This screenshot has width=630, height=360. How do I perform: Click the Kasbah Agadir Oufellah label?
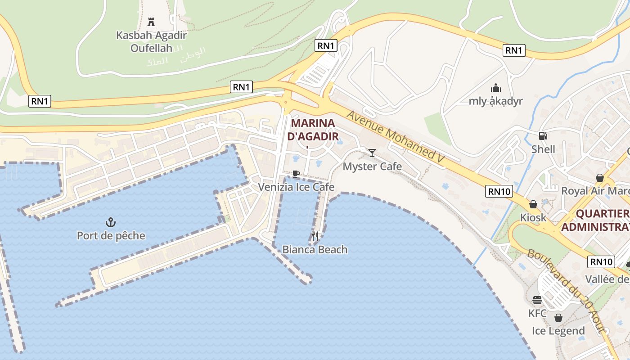click(x=151, y=41)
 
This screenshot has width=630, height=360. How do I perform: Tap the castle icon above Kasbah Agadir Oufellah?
click(x=151, y=22)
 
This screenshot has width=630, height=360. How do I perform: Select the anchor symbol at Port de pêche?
click(x=111, y=222)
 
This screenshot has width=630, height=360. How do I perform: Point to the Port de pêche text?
click(x=111, y=235)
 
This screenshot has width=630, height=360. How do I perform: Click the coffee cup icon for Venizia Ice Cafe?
click(x=296, y=174)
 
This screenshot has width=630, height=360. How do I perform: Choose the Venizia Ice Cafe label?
click(x=296, y=187)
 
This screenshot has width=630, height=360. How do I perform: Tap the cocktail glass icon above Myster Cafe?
click(x=372, y=153)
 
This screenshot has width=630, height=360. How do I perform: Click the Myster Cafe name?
click(x=372, y=166)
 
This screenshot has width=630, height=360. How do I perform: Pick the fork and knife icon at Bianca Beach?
click(x=315, y=236)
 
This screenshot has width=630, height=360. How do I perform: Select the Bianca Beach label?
click(x=315, y=249)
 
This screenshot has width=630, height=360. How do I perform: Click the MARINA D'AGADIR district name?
click(x=313, y=130)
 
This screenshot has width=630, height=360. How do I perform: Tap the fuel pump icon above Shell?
click(x=543, y=135)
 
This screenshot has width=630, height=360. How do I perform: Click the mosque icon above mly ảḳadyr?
click(x=496, y=87)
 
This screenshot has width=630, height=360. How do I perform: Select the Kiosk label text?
click(x=533, y=217)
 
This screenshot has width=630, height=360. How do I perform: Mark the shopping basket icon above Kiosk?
click(x=533, y=204)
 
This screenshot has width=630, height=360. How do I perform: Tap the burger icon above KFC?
click(x=537, y=300)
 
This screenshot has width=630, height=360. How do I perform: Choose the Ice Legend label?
click(x=558, y=331)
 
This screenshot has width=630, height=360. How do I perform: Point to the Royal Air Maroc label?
click(x=595, y=191)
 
